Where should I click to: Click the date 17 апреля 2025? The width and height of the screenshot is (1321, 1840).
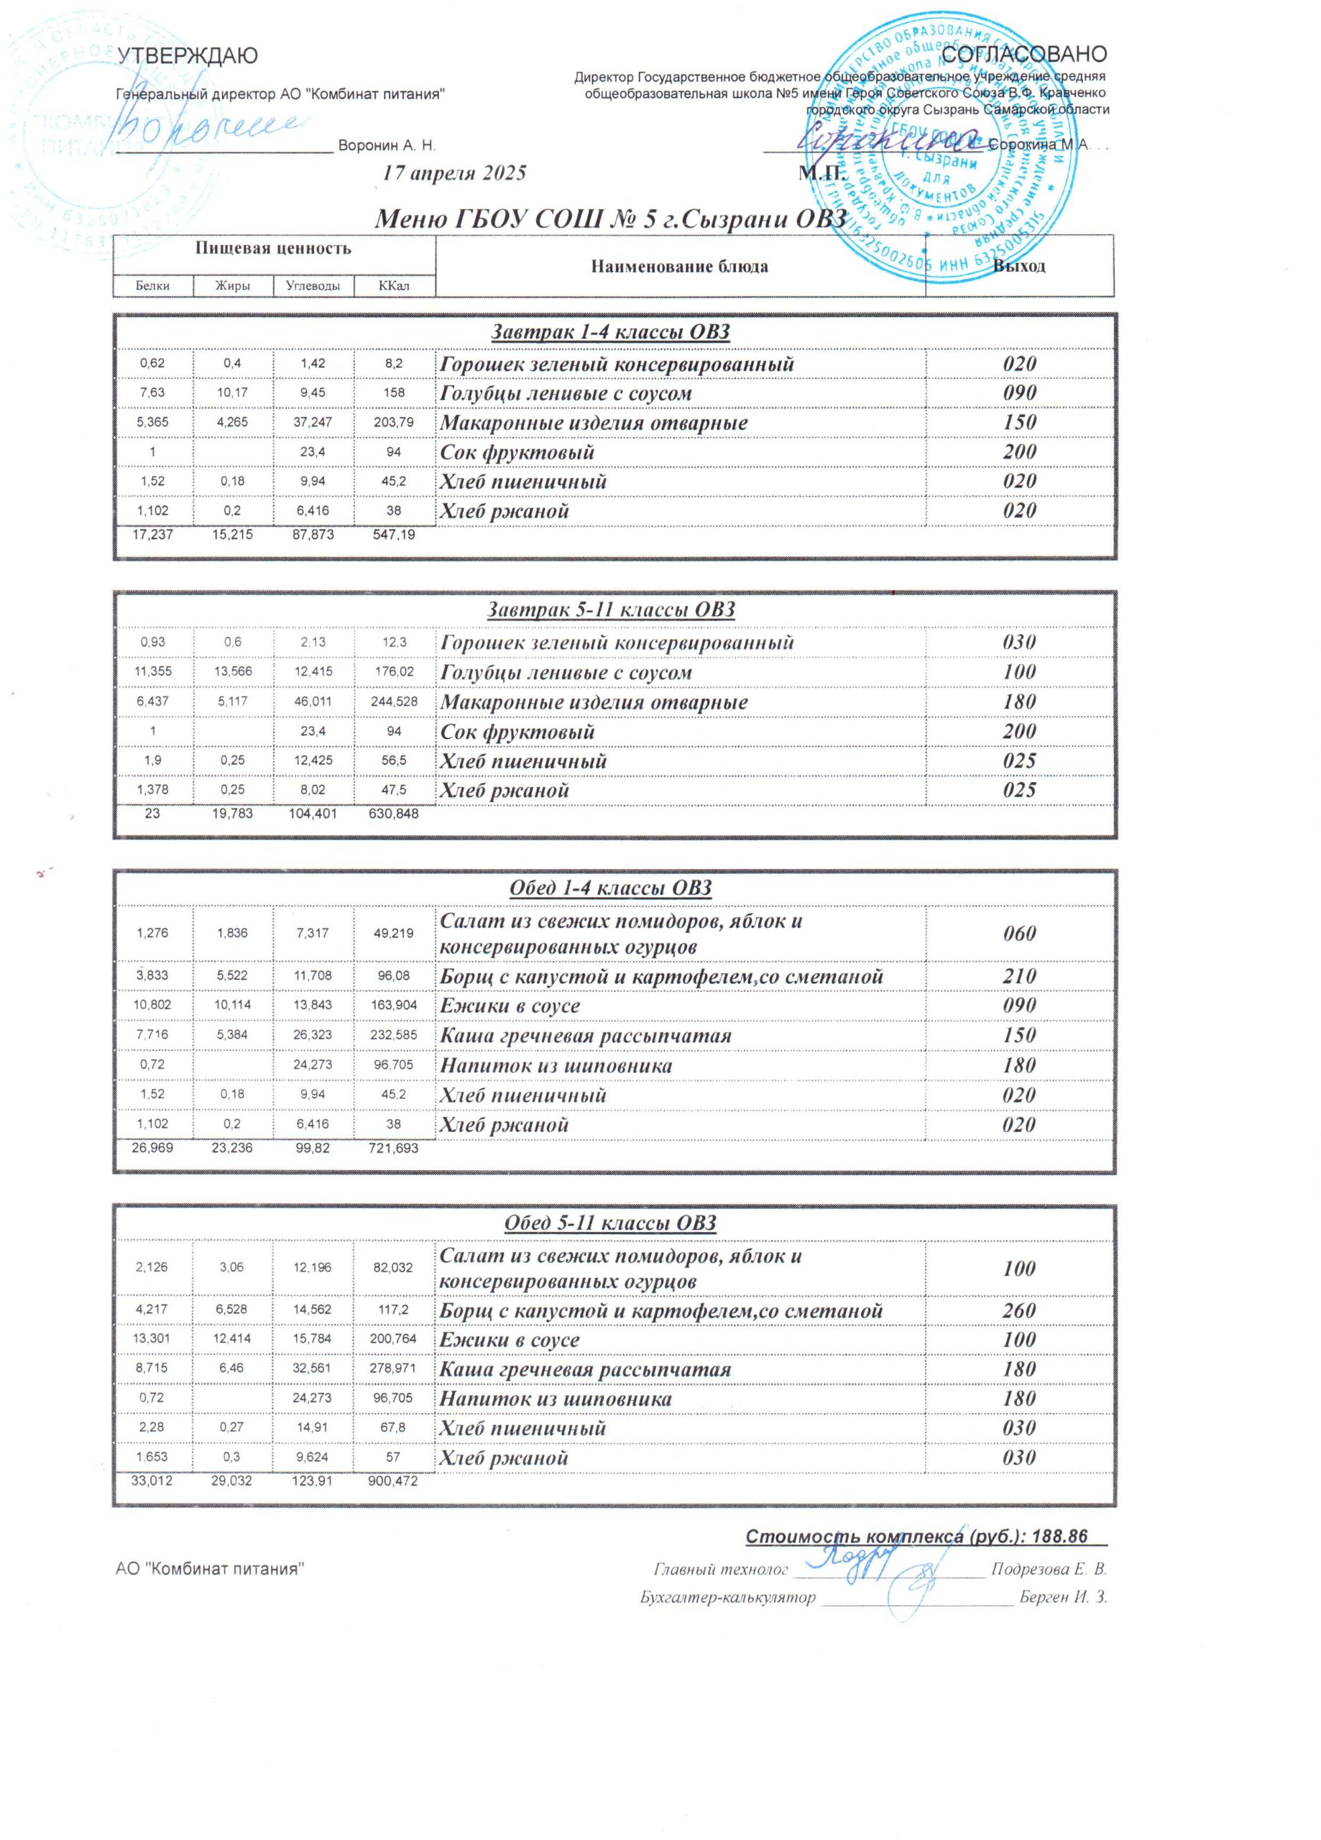(x=454, y=172)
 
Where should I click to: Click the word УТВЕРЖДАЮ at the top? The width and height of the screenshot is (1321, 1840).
(x=188, y=56)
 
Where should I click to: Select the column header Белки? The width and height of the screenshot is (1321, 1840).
(x=152, y=285)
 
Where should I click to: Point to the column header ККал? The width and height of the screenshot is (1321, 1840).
(x=394, y=285)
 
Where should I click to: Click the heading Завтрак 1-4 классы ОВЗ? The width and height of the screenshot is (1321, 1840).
(x=610, y=332)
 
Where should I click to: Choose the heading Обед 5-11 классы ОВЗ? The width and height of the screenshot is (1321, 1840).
(x=610, y=1223)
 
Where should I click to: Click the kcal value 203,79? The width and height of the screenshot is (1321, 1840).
(x=394, y=423)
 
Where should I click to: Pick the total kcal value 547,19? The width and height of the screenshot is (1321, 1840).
(x=394, y=535)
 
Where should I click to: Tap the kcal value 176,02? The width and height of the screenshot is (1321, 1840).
(x=394, y=672)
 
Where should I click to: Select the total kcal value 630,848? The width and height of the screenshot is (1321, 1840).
(x=394, y=812)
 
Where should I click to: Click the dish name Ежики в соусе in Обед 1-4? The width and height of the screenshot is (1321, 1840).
(x=510, y=1006)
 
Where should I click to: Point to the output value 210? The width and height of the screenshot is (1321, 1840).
(x=1019, y=976)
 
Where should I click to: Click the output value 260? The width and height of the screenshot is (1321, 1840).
(x=1019, y=1310)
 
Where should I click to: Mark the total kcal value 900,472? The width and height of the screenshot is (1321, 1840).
(x=394, y=1481)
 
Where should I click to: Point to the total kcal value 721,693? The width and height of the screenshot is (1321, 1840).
(x=394, y=1148)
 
